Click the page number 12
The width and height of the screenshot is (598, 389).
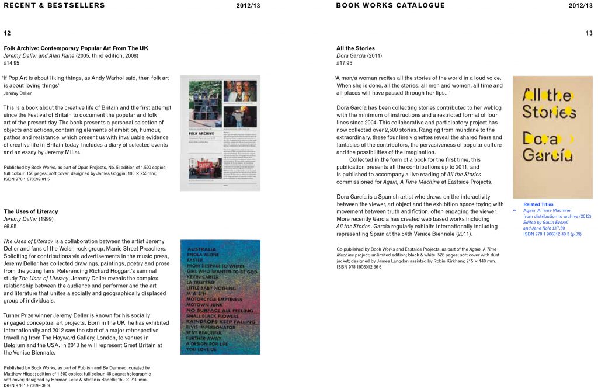tap(7, 33)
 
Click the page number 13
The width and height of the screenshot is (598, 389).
tap(589, 33)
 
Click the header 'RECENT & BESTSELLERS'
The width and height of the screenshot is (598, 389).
tap(54, 5)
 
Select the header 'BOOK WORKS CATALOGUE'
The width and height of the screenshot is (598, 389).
tap(390, 5)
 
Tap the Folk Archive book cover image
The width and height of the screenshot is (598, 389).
tap(220, 133)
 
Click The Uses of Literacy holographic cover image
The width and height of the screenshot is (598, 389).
tap(220, 297)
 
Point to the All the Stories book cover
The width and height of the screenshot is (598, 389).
tap(552, 137)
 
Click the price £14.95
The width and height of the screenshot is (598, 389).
tap(12, 63)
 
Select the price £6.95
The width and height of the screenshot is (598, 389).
tap(10, 226)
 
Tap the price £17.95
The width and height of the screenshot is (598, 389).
tap(345, 63)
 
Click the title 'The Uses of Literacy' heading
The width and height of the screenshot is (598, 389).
tap(31, 211)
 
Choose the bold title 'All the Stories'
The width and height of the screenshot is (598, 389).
tap(356, 48)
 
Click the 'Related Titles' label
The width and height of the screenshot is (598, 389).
tap(538, 204)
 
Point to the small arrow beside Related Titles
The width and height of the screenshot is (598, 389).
tap(515, 210)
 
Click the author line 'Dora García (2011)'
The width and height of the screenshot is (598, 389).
tap(359, 55)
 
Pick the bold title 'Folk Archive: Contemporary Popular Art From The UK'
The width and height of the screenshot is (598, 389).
tap(76, 48)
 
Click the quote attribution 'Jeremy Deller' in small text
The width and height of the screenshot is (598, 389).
tap(18, 93)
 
